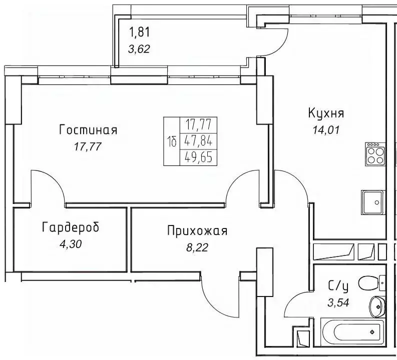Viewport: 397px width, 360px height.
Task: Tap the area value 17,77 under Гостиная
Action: tap(88, 147)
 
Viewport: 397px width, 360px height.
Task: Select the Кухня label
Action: tap(326, 113)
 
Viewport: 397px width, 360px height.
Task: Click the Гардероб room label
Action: tap(70, 228)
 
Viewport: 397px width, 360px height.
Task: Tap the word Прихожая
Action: tap(197, 231)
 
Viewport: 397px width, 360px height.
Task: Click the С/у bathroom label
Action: tap(338, 285)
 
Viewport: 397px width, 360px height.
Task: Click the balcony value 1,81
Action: tap(140, 33)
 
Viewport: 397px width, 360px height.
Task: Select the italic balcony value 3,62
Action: tap(140, 49)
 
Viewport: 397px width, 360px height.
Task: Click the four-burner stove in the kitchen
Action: tap(376, 154)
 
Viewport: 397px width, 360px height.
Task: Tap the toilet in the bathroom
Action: tap(374, 283)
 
